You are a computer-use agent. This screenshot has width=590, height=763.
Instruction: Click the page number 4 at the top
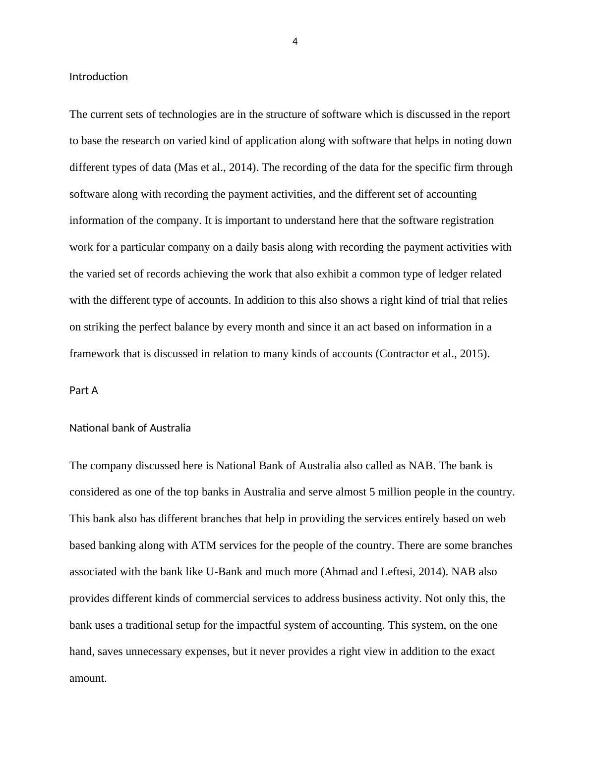tap(295, 42)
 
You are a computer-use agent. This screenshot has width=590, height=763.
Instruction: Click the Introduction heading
tap(99, 77)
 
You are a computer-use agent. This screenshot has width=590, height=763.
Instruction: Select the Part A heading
tap(84, 390)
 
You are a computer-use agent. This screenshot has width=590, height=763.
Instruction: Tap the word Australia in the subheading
tap(170, 428)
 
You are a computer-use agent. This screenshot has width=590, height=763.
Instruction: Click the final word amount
tap(88, 678)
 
